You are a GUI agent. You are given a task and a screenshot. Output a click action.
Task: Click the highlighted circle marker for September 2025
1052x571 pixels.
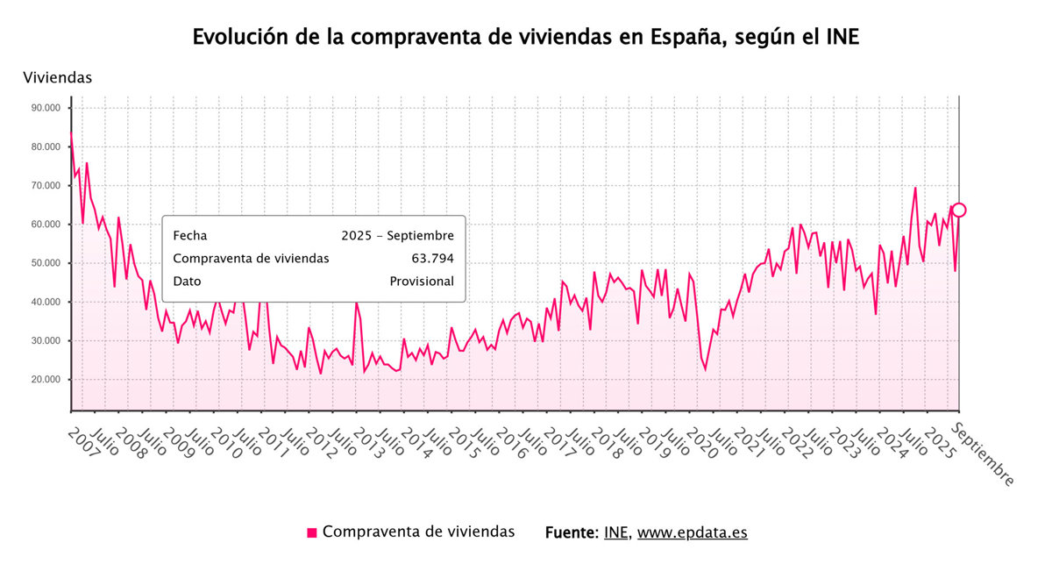[x=959, y=210]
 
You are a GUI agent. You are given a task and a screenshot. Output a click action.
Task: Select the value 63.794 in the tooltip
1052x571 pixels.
[x=432, y=259]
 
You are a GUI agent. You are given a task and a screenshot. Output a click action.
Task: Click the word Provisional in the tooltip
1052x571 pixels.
[x=422, y=282]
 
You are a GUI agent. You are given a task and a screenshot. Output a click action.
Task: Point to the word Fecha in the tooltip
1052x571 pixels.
[x=191, y=236]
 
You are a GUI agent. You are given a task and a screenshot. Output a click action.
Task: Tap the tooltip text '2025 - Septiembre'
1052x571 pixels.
[x=397, y=236]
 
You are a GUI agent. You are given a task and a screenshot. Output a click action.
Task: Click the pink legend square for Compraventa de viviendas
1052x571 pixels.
[x=312, y=532]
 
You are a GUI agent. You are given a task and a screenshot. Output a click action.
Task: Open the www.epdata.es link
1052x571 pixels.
[x=692, y=532]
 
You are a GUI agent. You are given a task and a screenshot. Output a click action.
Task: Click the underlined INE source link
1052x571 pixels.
[x=615, y=532]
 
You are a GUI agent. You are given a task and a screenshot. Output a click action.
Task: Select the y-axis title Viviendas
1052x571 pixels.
[x=58, y=78]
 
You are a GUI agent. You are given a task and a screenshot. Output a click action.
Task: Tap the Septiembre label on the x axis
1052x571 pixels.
[x=983, y=454]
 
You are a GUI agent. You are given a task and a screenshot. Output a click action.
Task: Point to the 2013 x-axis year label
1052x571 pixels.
[x=368, y=445]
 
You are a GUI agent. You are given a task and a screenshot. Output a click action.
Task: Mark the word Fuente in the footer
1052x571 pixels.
[x=571, y=532]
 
